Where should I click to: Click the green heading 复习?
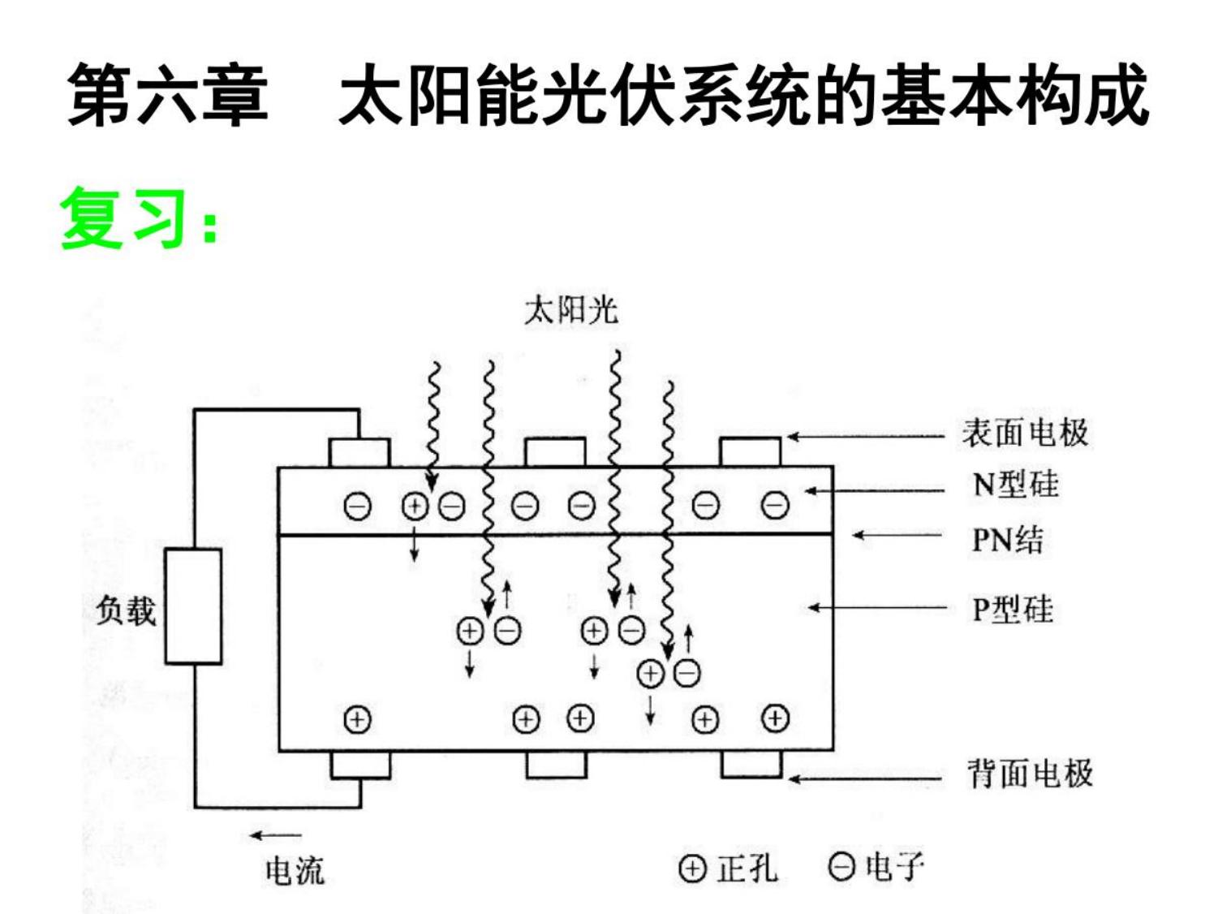(123, 218)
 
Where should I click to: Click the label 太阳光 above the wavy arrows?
(571, 310)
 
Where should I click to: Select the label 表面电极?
(1026, 433)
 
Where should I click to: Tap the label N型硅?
(1015, 485)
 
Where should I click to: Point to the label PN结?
(1008, 540)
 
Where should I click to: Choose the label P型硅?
(1013, 609)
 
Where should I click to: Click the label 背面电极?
(1030, 773)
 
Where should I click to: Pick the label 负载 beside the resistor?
(126, 610)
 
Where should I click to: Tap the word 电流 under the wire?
(295, 870)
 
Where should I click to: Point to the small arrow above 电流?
(275, 834)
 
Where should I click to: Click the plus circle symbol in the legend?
(692, 869)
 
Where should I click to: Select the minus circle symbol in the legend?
(841, 867)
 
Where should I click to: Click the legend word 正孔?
(747, 868)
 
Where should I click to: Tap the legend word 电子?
(895, 867)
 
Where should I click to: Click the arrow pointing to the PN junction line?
(897, 536)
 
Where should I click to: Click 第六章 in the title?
(168, 94)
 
